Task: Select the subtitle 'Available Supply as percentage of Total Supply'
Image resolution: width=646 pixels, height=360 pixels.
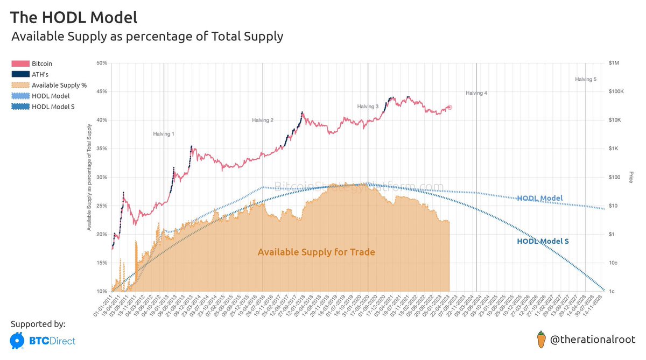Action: point(147,37)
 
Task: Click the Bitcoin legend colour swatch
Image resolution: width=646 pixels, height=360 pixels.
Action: point(20,63)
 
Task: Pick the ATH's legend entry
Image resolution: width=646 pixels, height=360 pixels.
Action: point(40,74)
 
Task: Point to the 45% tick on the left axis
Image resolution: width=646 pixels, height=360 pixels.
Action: point(101,91)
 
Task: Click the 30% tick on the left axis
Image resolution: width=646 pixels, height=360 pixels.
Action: point(101,177)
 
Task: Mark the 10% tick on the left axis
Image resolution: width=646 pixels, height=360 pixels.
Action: point(101,292)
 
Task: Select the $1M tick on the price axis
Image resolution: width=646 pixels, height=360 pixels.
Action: point(613,63)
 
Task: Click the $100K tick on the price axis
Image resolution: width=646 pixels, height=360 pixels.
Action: point(616,91)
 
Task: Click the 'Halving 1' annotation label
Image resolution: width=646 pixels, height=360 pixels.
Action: point(164,133)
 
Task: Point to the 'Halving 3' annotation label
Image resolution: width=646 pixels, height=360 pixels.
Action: point(368,107)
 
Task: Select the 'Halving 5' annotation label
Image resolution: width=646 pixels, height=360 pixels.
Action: point(585,79)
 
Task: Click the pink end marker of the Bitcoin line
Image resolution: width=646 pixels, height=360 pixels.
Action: point(450,108)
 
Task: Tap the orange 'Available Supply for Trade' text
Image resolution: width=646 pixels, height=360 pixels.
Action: point(316,252)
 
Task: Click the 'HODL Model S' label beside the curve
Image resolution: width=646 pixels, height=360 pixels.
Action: point(543,242)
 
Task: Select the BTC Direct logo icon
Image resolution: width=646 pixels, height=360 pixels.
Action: point(18,341)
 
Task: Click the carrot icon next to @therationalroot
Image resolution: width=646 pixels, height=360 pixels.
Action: point(542,340)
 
